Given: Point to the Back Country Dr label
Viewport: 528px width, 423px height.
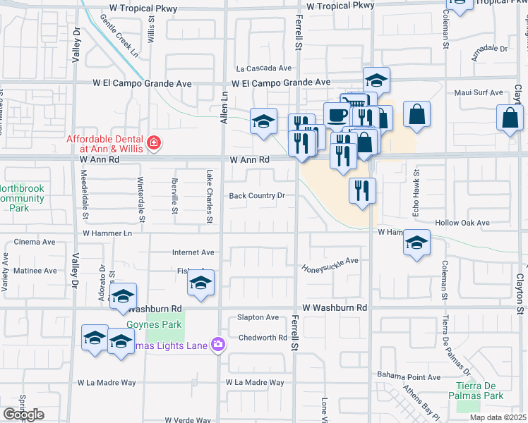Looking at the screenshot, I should pyautogui.click(x=258, y=196).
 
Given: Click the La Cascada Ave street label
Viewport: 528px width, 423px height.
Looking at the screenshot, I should pyautogui.click(x=264, y=68).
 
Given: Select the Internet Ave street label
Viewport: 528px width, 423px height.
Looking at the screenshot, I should pyautogui.click(x=193, y=252).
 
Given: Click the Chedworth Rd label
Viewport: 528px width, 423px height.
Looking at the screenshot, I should pyautogui.click(x=262, y=338).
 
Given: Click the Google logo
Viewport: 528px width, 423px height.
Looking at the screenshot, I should pyautogui.click(x=23, y=415).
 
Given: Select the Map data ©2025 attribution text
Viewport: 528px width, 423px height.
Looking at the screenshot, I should pyautogui.click(x=497, y=417).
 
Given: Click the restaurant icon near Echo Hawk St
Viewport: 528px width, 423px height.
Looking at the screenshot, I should pyautogui.click(x=362, y=190).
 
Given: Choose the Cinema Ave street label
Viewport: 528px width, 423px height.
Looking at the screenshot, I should pyautogui.click(x=35, y=242).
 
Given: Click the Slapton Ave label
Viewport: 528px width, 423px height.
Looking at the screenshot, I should pyautogui.click(x=258, y=317).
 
